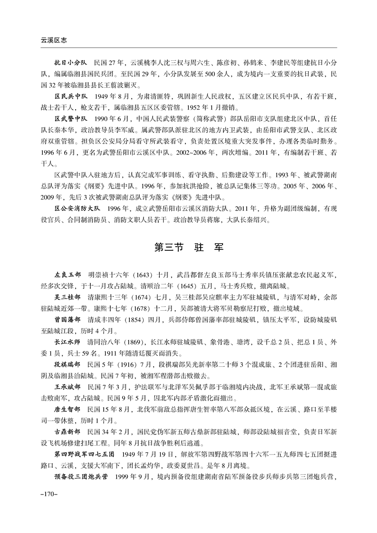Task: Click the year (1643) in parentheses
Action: [x=141, y=275]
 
